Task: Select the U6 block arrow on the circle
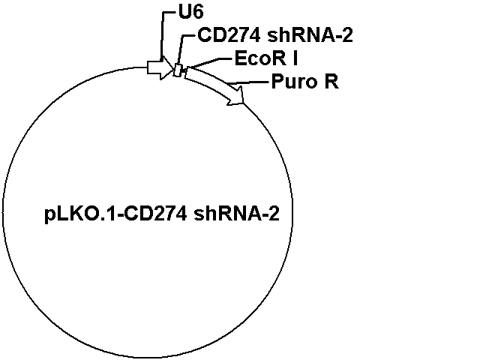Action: pyautogui.click(x=160, y=67)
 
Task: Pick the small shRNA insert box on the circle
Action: pyautogui.click(x=178, y=70)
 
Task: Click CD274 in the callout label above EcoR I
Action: pyautogui.click(x=229, y=35)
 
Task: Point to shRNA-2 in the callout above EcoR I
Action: pyautogui.click(x=310, y=35)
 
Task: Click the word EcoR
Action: pyautogui.click(x=260, y=58)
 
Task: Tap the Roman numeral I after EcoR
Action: pyautogui.click(x=295, y=58)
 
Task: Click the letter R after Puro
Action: pyautogui.click(x=331, y=82)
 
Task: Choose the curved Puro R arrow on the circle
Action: pyautogui.click(x=214, y=84)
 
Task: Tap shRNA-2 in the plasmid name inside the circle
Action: pyautogui.click(x=237, y=213)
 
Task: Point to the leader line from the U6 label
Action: pyautogui.click(x=162, y=34)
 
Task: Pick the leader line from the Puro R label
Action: pyautogui.click(x=250, y=82)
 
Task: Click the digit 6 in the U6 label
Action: pyautogui.click(x=198, y=13)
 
